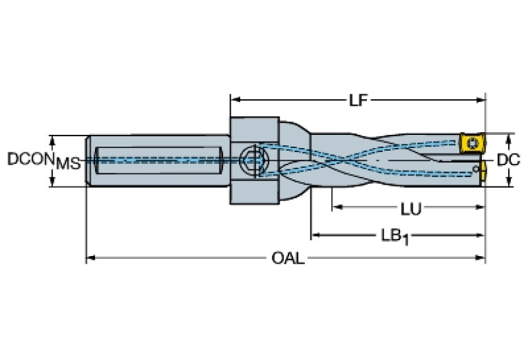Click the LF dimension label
(x=357, y=100)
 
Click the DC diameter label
(x=508, y=160)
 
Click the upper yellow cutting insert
(x=472, y=144)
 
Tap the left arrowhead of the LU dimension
(x=335, y=208)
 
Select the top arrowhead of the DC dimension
(x=509, y=136)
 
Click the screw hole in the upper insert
(x=472, y=144)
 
